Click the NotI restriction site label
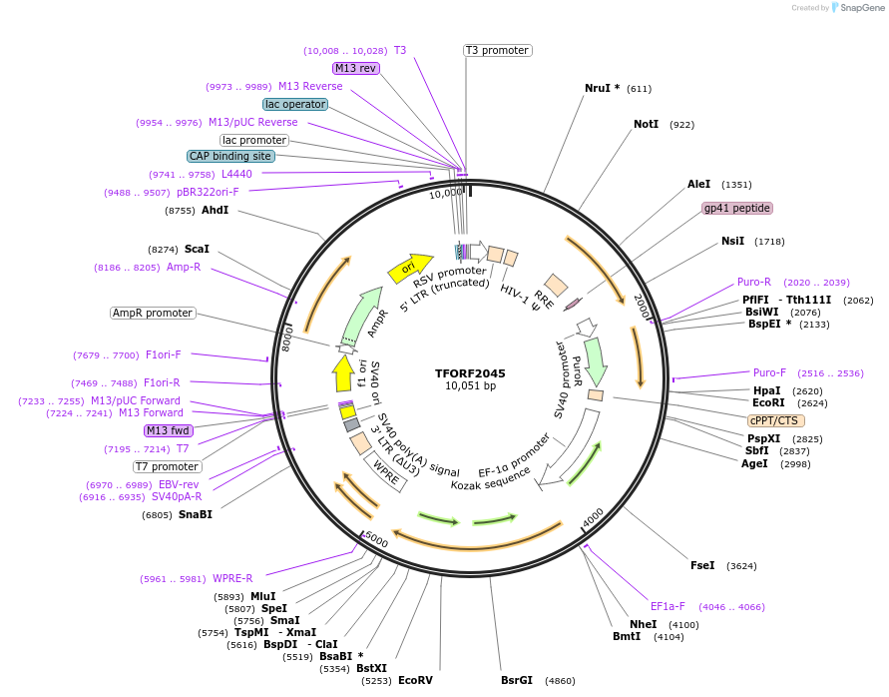point(647,125)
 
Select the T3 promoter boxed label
point(498,50)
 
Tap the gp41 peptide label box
point(737,208)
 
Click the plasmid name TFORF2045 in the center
point(470,373)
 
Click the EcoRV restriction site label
point(415,680)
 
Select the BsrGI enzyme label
point(517,680)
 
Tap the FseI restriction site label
point(702,565)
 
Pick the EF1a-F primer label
point(668,606)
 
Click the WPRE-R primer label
point(232,578)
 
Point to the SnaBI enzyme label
point(196,514)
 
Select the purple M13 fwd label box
point(168,430)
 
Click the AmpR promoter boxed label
point(152,313)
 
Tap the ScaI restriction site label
point(196,249)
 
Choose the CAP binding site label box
point(229,156)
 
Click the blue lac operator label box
point(295,104)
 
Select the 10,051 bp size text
point(470,386)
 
